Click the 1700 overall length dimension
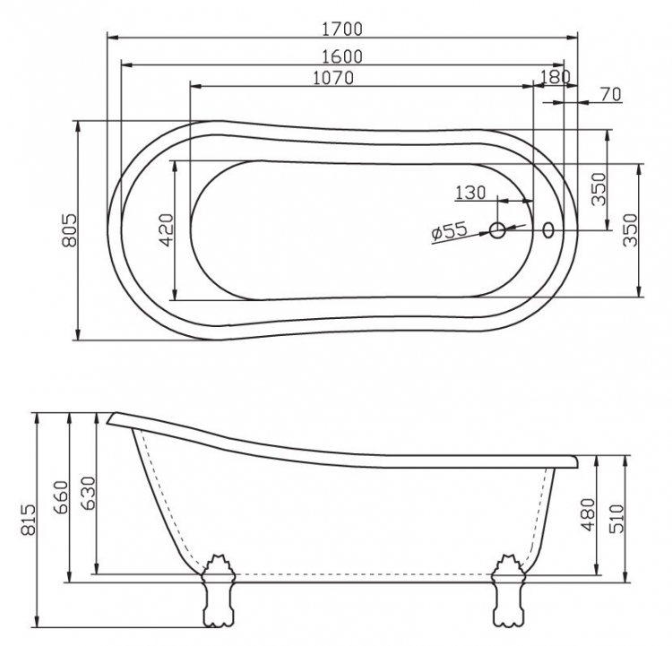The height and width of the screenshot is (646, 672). tap(342, 30)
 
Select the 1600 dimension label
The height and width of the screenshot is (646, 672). tap(342, 56)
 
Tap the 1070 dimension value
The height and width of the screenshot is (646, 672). tap(333, 78)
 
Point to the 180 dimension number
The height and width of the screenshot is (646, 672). tap(556, 77)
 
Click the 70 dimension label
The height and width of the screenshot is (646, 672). tap(611, 94)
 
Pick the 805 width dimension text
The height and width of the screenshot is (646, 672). tap(69, 230)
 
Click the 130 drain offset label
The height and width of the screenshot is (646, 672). tap(470, 193)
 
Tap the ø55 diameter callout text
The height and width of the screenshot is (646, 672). tap(449, 232)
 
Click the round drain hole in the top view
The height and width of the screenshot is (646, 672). tap(497, 230)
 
